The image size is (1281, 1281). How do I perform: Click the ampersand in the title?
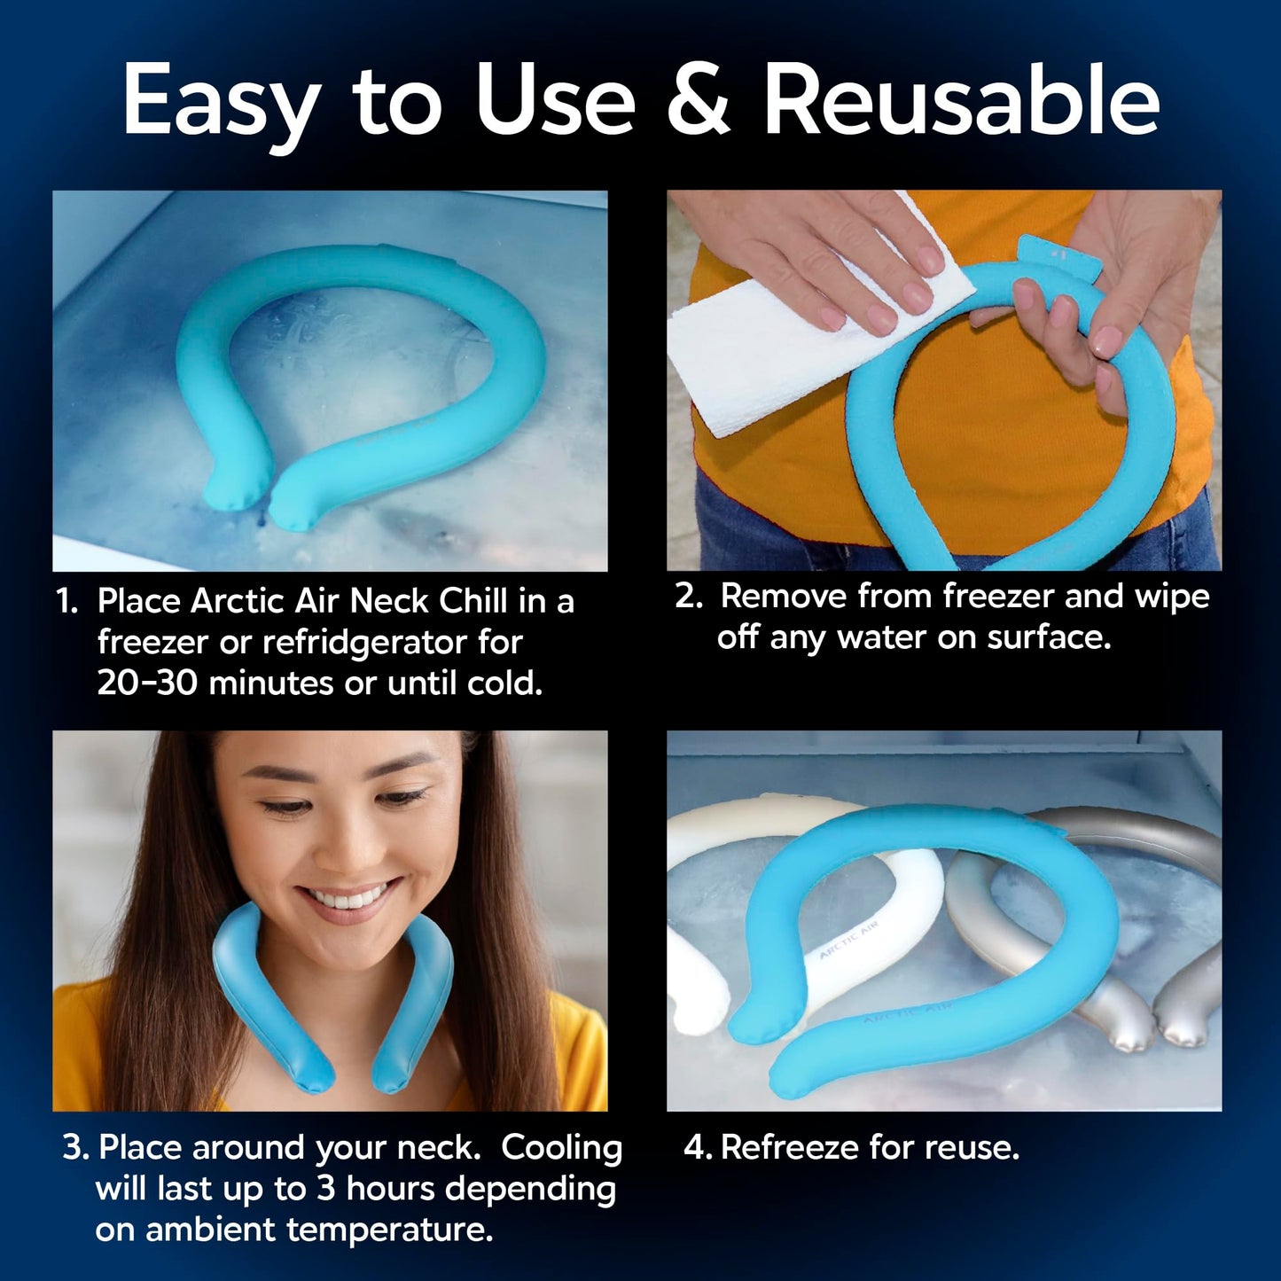(698, 99)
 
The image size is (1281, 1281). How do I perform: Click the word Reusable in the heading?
(962, 99)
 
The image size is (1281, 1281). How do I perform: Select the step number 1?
(66, 601)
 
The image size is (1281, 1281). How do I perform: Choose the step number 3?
(74, 1147)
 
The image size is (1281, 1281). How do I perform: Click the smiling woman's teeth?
(350, 899)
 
